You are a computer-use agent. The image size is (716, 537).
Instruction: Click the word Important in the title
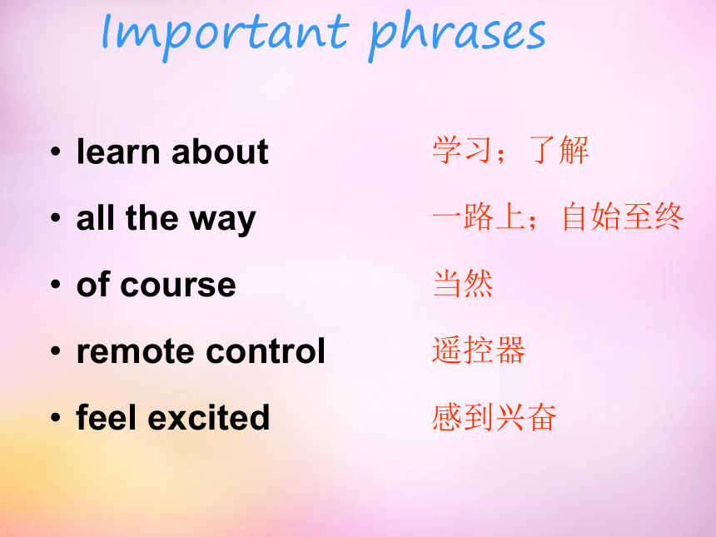pyautogui.click(x=225, y=34)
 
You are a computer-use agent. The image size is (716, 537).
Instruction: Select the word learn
pyautogui.click(x=119, y=152)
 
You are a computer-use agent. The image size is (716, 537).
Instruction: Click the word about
pyautogui.click(x=220, y=152)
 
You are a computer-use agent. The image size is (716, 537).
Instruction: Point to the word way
pyautogui.click(x=223, y=221)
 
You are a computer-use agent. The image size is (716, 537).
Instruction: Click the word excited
pyautogui.click(x=209, y=417)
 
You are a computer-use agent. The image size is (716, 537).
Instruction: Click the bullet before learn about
pyautogui.click(x=56, y=152)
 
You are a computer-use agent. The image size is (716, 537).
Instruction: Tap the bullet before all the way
pyautogui.click(x=56, y=218)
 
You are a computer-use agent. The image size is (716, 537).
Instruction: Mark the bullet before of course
pyautogui.click(x=56, y=285)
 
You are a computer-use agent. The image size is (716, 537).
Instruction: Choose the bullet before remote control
pyautogui.click(x=56, y=351)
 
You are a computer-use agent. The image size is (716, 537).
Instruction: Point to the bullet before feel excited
pyautogui.click(x=56, y=417)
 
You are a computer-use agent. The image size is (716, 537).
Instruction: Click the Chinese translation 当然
pyautogui.click(x=464, y=284)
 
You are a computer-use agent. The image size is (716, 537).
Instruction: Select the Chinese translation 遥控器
pyautogui.click(x=479, y=351)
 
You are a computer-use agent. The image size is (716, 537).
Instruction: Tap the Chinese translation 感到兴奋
pyautogui.click(x=495, y=417)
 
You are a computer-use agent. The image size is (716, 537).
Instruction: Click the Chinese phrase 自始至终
pyautogui.click(x=623, y=217)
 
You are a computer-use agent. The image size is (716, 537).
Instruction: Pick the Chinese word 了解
pyautogui.click(x=559, y=150)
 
